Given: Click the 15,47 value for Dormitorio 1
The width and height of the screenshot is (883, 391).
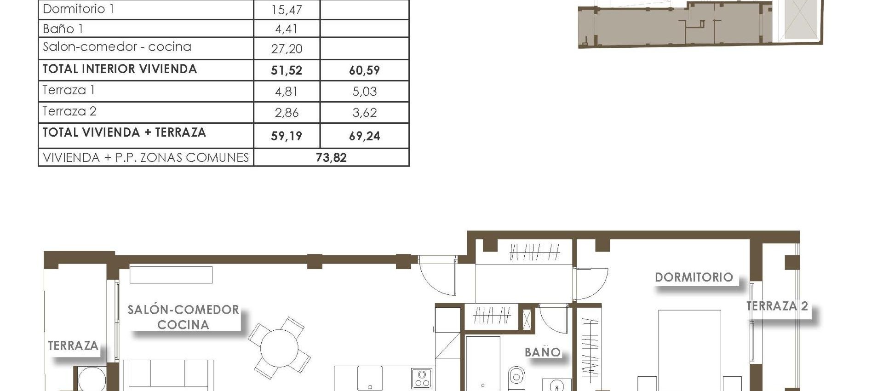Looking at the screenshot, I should point(286,10).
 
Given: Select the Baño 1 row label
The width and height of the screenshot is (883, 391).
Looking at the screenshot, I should point(63,29).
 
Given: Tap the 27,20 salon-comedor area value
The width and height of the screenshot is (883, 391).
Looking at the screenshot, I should point(286,49).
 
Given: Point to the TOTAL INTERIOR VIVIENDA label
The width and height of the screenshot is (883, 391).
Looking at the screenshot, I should point(120,69).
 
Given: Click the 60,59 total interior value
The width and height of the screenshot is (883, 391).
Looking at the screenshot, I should point(364,70).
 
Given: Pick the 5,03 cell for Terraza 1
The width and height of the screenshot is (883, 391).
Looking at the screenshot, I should point(364,92).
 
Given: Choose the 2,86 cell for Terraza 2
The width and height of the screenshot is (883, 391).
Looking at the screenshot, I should point(286,113).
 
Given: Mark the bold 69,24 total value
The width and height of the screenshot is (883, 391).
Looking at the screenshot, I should point(364,136).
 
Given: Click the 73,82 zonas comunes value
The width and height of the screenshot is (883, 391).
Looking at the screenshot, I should point(331,158).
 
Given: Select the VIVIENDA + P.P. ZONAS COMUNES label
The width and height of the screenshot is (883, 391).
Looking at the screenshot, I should point(145,158).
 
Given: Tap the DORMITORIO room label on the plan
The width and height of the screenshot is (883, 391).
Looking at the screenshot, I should point(694,277).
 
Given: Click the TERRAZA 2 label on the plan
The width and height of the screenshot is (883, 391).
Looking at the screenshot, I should point(777,306).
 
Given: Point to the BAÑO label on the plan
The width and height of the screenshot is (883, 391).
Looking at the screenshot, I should point(543,352).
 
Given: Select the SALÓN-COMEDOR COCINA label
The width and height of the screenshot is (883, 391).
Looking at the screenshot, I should point(183,317).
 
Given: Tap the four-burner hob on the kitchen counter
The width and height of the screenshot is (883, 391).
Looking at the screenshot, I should point(421,379).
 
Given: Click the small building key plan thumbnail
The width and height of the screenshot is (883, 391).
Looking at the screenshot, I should point(699,23).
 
